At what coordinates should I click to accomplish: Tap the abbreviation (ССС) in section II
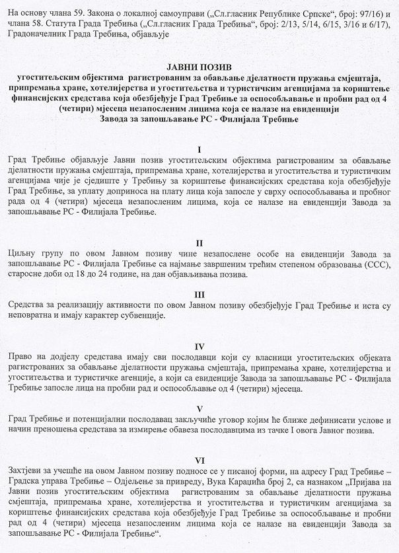[x=376, y=265]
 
